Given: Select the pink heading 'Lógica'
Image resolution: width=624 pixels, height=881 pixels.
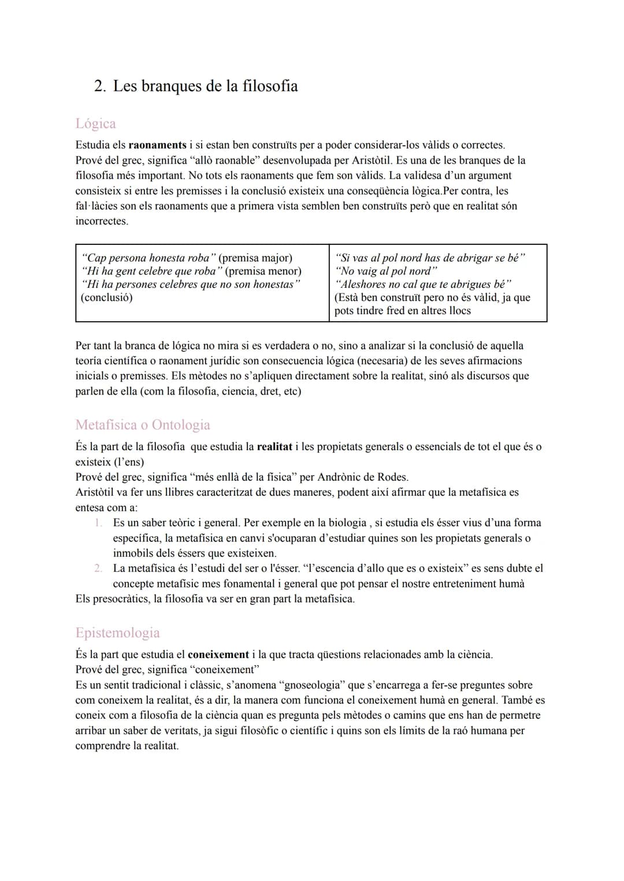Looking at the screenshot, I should coord(95,124).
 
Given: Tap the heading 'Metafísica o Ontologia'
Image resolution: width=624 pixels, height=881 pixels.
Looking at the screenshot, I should coord(143,425).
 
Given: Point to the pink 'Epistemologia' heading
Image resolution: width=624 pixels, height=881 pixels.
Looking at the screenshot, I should coord(117,633).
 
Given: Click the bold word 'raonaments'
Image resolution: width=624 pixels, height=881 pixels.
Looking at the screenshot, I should coord(157,145).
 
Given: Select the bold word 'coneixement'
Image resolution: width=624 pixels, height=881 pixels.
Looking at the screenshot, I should coord(218,655).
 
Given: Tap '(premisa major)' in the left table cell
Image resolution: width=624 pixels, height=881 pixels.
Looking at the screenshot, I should coord(255,258).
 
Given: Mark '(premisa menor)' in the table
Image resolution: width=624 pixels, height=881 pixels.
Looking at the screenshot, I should coord(263,271).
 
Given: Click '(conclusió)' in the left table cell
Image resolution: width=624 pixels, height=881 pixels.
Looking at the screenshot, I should coord(107,298).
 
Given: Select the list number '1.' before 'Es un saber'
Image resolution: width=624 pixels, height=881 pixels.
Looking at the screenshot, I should coord(98,523).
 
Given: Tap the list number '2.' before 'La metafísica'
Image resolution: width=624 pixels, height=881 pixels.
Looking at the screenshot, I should coord(98,568).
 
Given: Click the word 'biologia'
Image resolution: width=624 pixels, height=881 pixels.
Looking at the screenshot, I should coord(343,523).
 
